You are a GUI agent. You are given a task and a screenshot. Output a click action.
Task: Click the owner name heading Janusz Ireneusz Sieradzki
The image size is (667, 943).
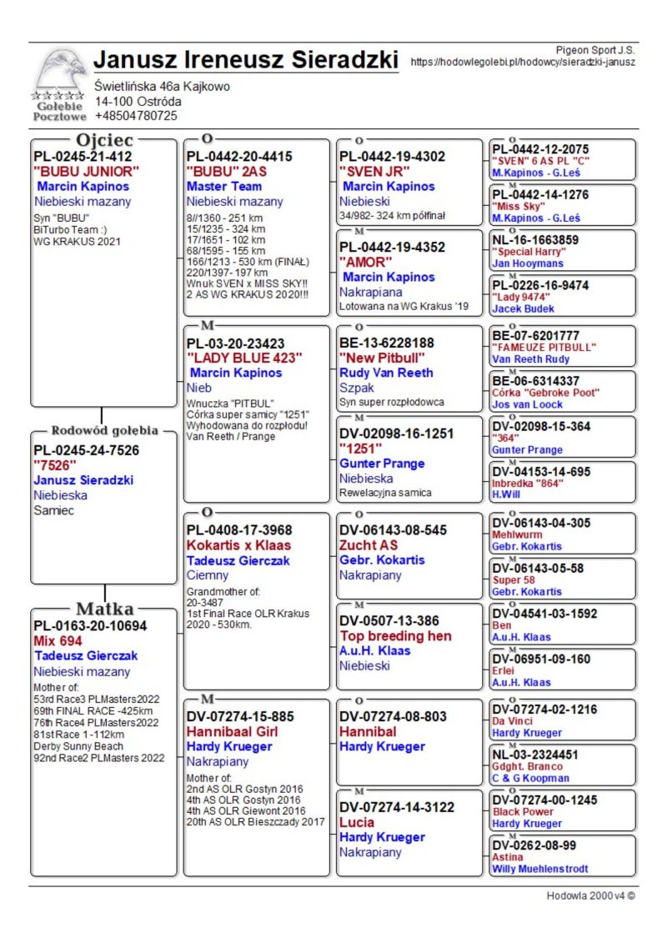coord(245,60)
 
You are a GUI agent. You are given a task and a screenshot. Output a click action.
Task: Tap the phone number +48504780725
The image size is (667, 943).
coord(136,116)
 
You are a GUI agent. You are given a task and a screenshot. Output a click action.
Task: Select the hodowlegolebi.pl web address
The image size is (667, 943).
coord(523,62)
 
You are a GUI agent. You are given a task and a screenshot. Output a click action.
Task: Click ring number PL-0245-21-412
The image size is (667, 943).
coord(83,156)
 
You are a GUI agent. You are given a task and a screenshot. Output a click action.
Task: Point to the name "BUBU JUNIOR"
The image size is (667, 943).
coord(86,172)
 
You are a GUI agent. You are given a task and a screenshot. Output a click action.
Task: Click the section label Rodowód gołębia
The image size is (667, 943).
coord(104,431)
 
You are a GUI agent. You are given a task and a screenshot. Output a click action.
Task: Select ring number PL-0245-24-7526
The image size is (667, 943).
coord(86,450)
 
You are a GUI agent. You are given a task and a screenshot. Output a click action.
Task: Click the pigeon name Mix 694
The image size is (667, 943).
coord(58,641)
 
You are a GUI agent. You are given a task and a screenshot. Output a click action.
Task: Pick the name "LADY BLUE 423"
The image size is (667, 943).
coord(244,358)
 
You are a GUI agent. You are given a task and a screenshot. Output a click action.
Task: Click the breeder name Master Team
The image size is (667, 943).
coord(224,187)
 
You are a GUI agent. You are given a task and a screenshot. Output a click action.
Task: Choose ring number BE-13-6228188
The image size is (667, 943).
coord(387,343)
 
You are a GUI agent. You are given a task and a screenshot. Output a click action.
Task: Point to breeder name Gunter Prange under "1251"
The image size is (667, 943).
coord(383,464)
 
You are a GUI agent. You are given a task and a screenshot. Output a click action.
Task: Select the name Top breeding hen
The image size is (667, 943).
coord(395,635)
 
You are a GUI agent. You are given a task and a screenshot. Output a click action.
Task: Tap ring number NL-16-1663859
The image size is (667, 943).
coord(535,240)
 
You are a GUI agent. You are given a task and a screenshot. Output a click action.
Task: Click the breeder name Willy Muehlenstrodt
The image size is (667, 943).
coord(539,869)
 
